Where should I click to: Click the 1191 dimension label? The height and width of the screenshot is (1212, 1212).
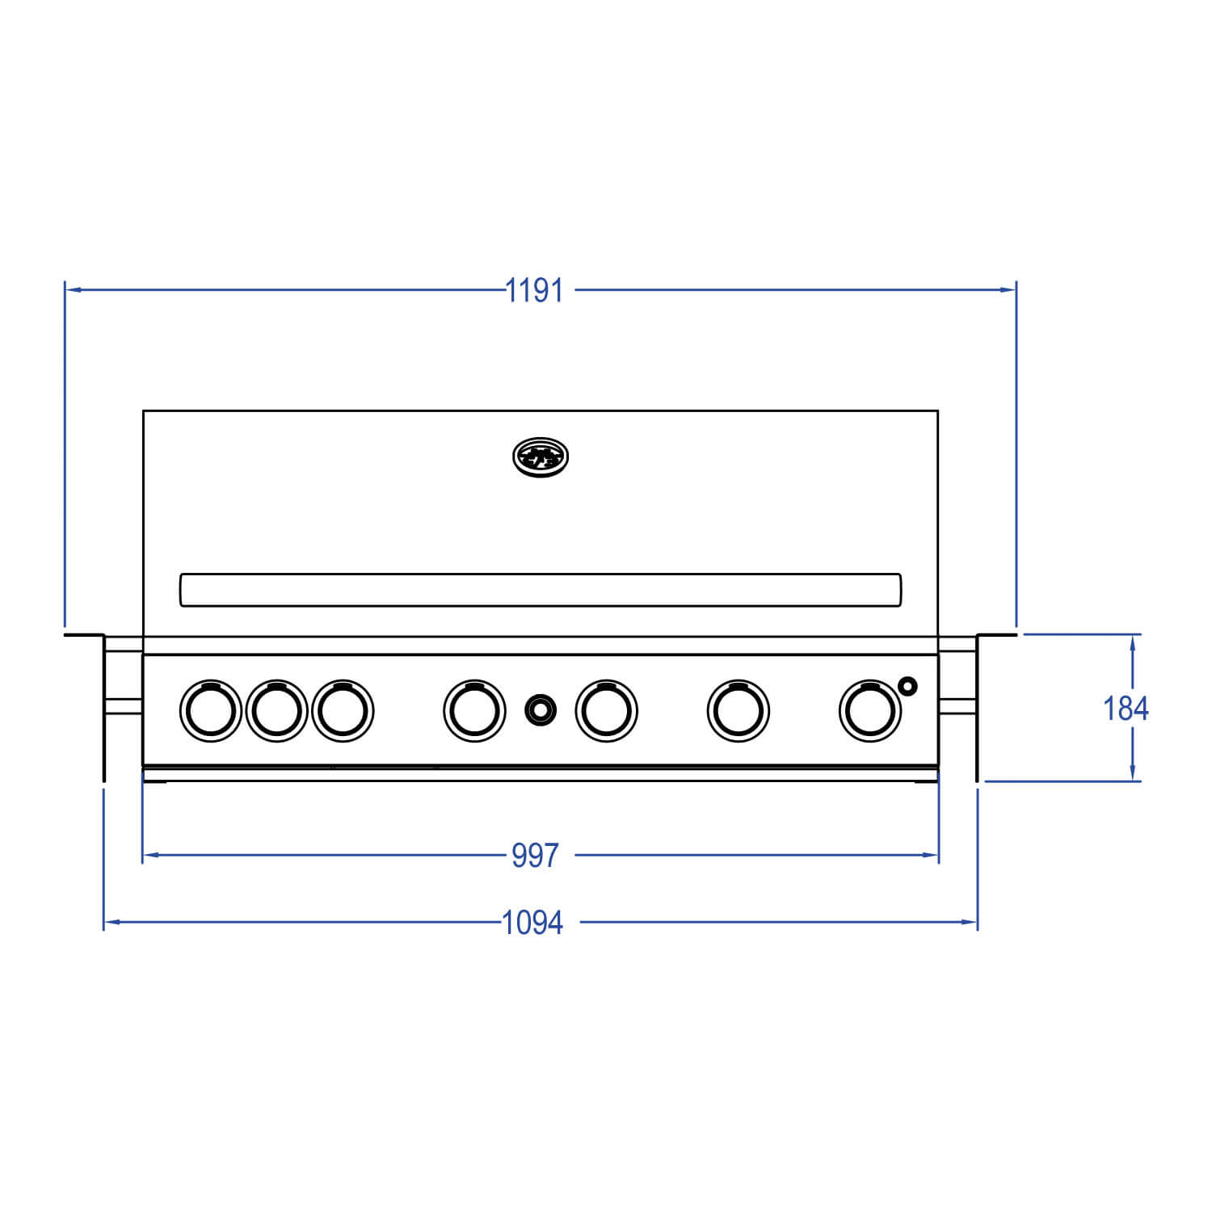point(534,290)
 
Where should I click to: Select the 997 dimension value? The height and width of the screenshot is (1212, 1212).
point(535,856)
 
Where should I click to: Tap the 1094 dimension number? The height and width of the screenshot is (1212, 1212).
point(532,922)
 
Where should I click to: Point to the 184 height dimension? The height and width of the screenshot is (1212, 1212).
point(1126,709)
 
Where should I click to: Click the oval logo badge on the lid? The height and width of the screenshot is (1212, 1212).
point(541,458)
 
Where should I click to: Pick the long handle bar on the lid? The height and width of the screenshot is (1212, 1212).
point(540,590)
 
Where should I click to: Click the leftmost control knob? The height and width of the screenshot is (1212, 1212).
point(210,710)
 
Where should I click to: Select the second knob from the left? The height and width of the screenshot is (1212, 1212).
point(276,710)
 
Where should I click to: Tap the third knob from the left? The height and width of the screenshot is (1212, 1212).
point(343,710)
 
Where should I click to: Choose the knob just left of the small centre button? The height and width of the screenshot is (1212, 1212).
point(474,710)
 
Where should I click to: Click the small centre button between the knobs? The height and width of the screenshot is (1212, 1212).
point(541,710)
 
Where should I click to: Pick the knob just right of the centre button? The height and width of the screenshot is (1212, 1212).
point(606,710)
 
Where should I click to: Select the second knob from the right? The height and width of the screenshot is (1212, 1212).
point(738,710)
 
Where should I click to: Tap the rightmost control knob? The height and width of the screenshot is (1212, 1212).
point(870,710)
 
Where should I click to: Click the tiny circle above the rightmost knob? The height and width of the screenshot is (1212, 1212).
point(908,687)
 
